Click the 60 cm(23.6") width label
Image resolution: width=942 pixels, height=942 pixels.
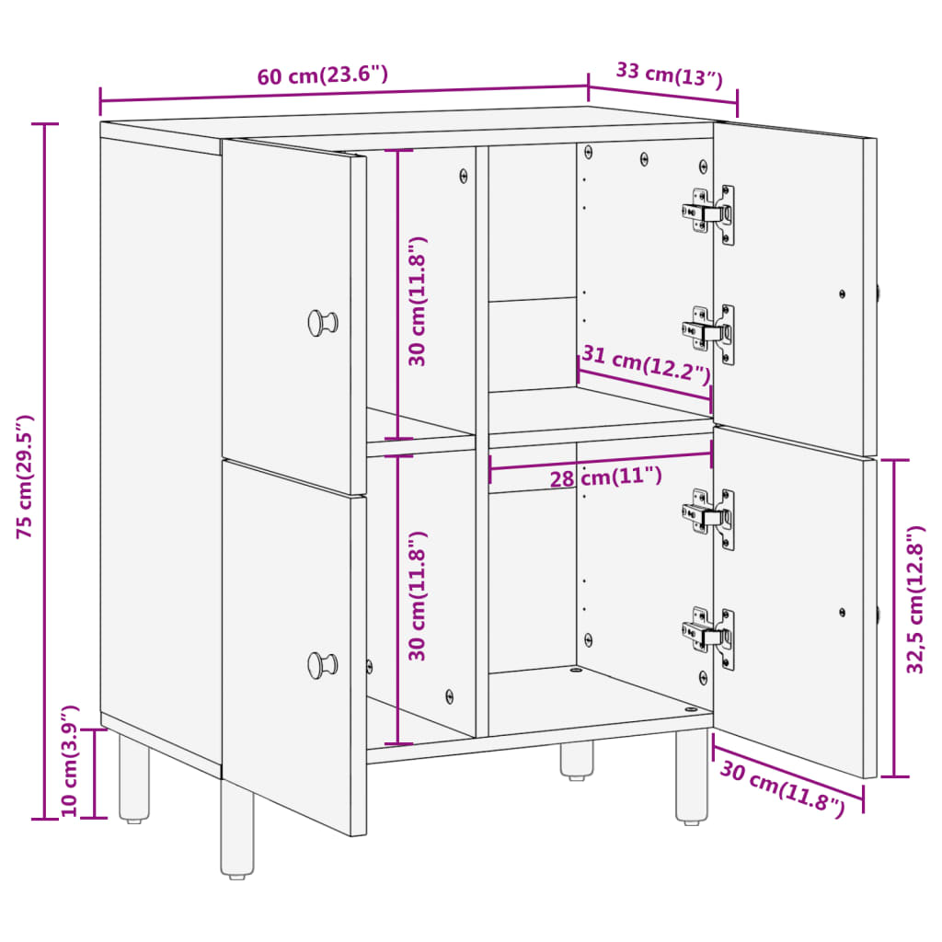[322, 75]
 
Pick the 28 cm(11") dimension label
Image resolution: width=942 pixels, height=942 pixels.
[605, 477]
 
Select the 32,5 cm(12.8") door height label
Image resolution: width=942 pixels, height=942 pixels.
[915, 613]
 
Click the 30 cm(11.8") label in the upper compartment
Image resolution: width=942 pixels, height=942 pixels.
[419, 300]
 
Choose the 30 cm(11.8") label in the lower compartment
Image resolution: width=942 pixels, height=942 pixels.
[419, 595]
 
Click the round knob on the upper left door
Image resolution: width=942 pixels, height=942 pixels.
[321, 322]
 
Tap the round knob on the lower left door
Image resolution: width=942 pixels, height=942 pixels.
[321, 663]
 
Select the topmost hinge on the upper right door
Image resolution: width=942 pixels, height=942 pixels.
[710, 214]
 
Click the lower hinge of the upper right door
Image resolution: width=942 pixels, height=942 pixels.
[710, 333]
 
